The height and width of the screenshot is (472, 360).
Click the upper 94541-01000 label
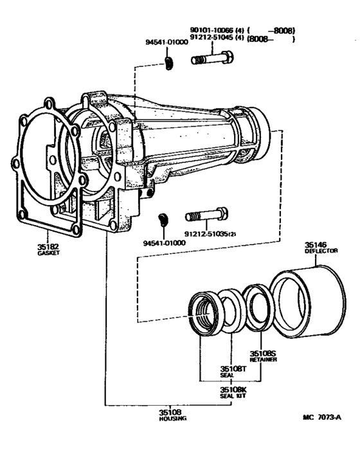(x=166, y=42)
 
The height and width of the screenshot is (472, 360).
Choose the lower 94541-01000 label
(x=165, y=243)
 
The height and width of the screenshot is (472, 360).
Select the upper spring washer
(x=169, y=64)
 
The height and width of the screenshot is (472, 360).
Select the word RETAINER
(x=263, y=360)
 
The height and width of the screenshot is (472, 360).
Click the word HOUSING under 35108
(x=173, y=419)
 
